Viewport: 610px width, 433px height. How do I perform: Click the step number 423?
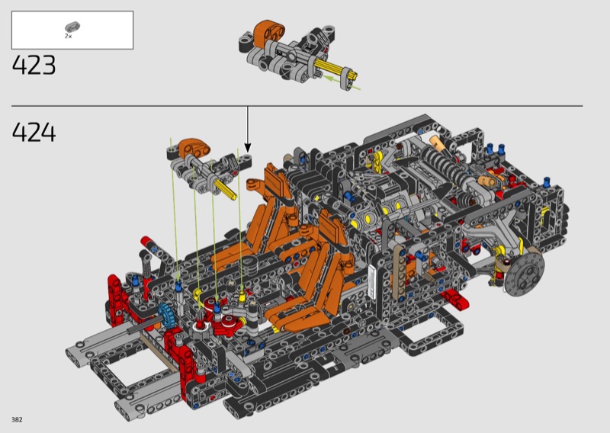pos(34,65)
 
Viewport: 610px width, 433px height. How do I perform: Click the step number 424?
pos(34,133)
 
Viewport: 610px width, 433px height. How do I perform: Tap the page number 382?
pos(17,419)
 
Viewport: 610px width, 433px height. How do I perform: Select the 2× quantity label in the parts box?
pos(68,36)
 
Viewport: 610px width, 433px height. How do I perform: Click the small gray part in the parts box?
pos(72,27)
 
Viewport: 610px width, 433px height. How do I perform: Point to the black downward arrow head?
pos(247,148)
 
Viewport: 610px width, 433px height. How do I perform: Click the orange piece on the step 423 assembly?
pos(269,32)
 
